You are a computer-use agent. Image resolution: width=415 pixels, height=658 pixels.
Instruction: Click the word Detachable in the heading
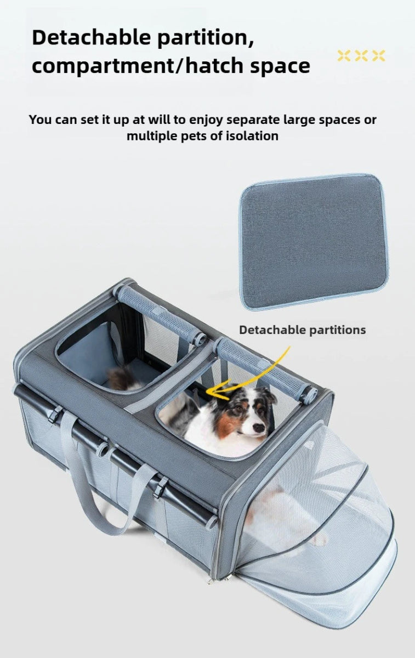pos(92,37)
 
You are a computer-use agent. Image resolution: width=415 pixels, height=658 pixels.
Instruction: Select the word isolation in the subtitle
pos(252,136)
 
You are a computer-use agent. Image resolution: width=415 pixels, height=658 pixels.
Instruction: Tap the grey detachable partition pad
pos(314,241)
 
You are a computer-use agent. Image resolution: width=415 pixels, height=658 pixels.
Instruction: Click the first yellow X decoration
pos(344,56)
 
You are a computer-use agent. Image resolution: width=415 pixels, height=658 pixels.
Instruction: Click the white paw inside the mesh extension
pos(318,539)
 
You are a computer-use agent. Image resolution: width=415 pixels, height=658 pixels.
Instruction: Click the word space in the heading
pos(280,66)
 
